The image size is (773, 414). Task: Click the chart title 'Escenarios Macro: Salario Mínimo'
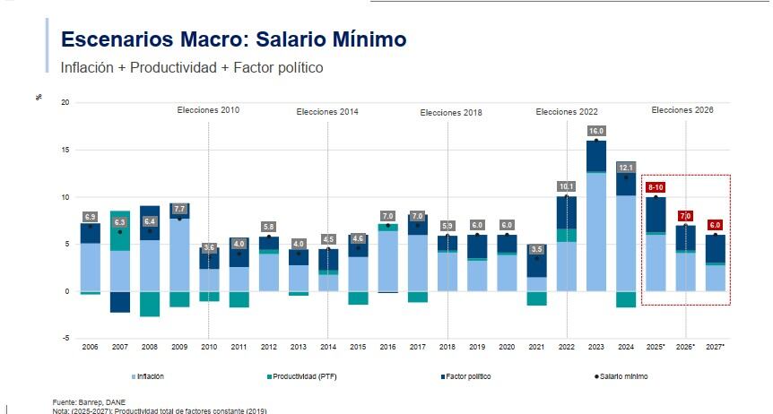point(233,39)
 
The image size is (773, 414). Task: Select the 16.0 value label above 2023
point(595,130)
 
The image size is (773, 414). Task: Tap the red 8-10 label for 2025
point(655,187)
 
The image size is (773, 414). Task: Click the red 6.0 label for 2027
point(715,225)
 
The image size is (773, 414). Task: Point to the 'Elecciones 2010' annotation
point(208,110)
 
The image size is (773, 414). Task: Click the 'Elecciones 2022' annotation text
point(567,112)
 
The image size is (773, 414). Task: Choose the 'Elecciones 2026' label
point(682,110)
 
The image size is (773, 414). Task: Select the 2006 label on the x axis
point(90,347)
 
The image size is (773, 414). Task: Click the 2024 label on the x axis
point(625,347)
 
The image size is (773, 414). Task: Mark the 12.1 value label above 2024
point(625,168)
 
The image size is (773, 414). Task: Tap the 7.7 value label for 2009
point(178,208)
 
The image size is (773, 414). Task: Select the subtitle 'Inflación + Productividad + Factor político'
point(191,67)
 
